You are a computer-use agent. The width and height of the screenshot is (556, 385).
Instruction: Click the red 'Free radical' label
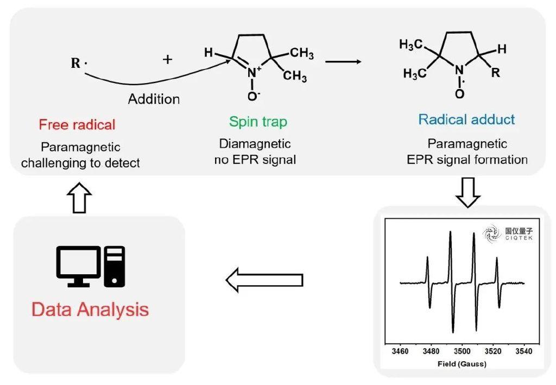77,125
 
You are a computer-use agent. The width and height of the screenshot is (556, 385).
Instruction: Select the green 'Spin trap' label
258,122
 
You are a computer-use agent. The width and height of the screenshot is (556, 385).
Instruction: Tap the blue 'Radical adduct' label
466,119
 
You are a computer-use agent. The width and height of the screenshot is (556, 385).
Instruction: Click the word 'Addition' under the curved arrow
154,99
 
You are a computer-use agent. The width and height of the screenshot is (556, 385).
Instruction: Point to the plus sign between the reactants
168,59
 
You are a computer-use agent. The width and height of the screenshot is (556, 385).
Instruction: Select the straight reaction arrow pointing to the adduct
343,62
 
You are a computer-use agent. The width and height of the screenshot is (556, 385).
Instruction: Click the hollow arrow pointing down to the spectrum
467,192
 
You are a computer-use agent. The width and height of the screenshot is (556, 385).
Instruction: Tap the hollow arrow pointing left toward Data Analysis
264,280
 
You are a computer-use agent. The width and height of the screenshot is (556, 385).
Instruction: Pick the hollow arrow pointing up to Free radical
79,198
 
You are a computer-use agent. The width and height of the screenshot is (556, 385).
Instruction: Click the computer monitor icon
79,266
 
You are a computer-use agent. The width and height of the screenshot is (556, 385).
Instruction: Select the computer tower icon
114,266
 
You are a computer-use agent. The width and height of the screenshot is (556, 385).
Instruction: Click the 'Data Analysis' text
90,310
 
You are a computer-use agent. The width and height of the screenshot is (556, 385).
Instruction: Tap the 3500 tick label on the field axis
462,351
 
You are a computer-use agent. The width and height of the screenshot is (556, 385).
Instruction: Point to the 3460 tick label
400,351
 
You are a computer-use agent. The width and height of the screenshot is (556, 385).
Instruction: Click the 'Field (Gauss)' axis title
462,364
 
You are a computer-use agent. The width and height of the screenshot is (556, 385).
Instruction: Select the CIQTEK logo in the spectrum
508,234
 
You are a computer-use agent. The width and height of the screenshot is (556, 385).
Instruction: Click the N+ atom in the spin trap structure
253,72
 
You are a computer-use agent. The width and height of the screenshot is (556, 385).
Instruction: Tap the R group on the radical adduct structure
495,73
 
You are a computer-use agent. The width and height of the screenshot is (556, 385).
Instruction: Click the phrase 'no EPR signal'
255,160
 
